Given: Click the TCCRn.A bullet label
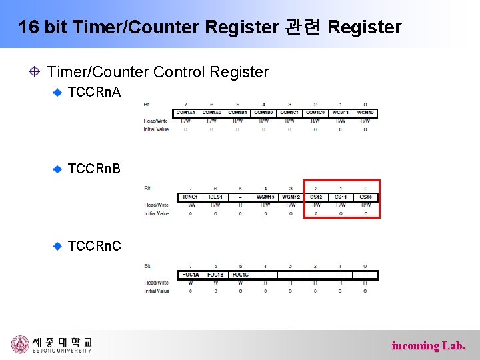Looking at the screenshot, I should click(94, 92).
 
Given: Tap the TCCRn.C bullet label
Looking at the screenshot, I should click(94, 246).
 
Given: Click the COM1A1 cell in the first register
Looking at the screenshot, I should click(186, 113).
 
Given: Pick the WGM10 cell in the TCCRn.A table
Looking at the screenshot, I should click(365, 113).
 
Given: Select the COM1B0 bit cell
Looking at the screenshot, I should click(263, 113).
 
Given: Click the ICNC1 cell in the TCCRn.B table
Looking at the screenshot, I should click(189, 197).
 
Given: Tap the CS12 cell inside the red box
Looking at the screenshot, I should click(316, 197).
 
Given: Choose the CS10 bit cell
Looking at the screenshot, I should click(365, 197).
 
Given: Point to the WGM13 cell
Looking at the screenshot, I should click(265, 197).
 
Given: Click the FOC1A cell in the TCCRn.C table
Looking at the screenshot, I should click(189, 275).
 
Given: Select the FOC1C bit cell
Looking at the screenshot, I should click(240, 275).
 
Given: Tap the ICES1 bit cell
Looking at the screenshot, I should click(215, 197).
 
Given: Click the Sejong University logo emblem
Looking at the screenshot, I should click(20, 344).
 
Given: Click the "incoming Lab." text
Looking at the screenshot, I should click(429, 345).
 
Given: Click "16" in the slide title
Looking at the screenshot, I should click(27, 27).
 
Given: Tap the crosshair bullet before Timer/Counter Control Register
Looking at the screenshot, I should click(33, 71).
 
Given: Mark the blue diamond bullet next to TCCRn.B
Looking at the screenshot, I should click(58, 169).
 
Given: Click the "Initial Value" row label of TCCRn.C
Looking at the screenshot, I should click(157, 291).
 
